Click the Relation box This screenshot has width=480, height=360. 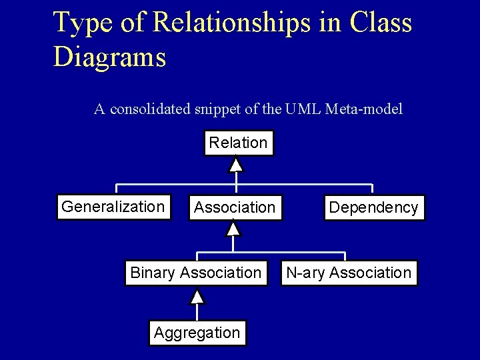pyautogui.click(x=238, y=143)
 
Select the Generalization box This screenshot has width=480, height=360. pyautogui.click(x=113, y=207)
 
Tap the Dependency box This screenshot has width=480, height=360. pyautogui.click(x=373, y=208)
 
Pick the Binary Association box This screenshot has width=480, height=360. pyautogui.click(x=195, y=273)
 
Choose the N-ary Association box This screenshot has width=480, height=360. pyautogui.click(x=347, y=273)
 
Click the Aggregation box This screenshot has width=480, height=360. pyautogui.click(x=197, y=332)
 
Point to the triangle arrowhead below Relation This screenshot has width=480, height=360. pyautogui.click(x=236, y=164)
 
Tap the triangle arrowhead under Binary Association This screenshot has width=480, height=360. pyautogui.click(x=197, y=295)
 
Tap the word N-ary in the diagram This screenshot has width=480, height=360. pyautogui.click(x=305, y=273)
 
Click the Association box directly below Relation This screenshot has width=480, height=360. pyautogui.click(x=234, y=208)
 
